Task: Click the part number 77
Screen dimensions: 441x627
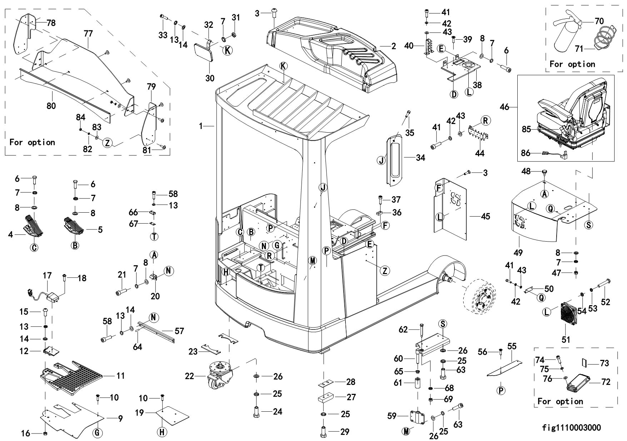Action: coord(88,34)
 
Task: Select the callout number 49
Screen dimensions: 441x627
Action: coord(518,253)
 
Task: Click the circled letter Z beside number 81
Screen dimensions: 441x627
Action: coord(108,143)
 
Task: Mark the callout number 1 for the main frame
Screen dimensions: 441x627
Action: coord(201,126)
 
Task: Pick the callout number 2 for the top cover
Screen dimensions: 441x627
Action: coord(393,46)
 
